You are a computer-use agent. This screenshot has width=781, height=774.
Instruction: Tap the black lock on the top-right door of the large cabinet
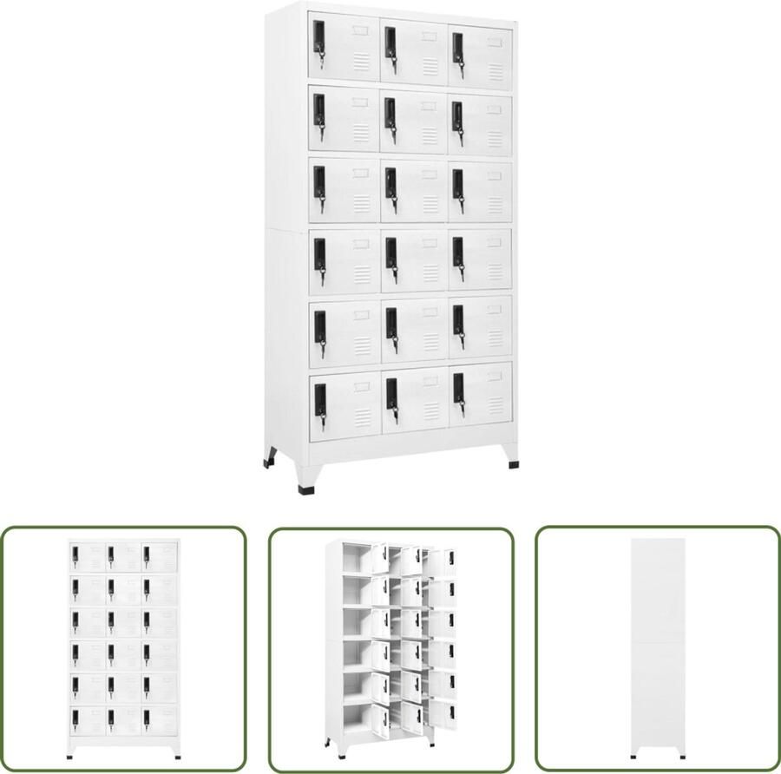[x=457, y=45]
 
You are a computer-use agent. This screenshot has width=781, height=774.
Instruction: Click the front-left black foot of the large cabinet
[x=306, y=489]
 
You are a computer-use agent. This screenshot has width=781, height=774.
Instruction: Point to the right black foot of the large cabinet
[x=515, y=464]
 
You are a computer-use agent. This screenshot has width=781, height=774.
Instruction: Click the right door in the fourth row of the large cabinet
[x=480, y=259]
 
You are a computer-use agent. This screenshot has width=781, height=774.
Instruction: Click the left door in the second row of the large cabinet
[x=344, y=120]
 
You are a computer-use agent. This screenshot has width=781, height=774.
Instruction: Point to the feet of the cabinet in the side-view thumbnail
[x=657, y=751]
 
